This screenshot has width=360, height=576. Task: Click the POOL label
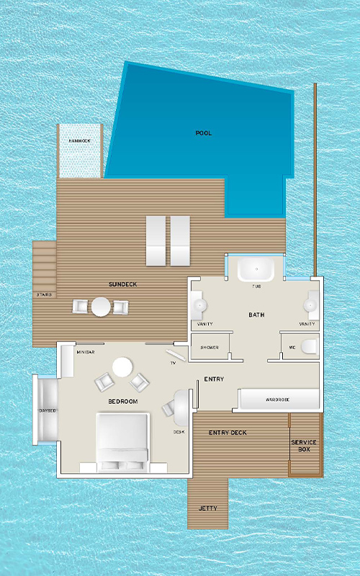204,133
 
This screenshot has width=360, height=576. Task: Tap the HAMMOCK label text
79,140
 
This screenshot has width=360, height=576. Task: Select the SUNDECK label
122,284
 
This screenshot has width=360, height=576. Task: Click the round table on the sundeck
101,307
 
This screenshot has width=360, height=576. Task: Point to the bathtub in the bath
256,269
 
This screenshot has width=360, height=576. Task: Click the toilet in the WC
310,346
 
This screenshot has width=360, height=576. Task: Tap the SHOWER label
210,348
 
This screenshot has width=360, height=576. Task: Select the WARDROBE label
278,400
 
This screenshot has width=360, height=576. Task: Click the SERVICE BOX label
304,446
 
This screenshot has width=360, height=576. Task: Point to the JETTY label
208,508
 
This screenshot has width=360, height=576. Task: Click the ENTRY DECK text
228,433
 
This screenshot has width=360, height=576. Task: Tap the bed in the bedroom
122,442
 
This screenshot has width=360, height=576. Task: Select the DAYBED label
48,410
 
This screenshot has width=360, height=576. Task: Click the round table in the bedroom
122,367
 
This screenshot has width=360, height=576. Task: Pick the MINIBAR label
86,352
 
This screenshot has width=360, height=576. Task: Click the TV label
173,363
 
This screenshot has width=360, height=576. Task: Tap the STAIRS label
44,294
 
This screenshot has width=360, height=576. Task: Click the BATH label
256,315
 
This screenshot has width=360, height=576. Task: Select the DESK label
179,432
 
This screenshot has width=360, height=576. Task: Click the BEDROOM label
123,402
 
